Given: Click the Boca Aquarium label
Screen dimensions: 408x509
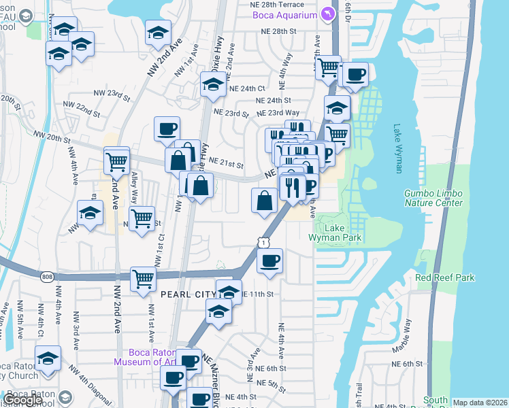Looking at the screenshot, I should point(284,15).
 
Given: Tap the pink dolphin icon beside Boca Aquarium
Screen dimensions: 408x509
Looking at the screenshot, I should point(329,14).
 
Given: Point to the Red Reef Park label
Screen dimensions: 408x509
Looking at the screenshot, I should point(445,277).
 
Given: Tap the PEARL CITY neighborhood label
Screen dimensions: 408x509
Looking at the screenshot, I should point(188,294).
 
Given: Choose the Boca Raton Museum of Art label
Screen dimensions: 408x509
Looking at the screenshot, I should point(154,357).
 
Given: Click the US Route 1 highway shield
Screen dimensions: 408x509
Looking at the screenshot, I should point(261,242).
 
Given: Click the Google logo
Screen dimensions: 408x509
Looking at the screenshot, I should point(22,400).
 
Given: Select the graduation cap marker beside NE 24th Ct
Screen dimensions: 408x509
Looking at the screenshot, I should point(213,86).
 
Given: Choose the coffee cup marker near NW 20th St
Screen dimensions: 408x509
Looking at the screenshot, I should point(167,130).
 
